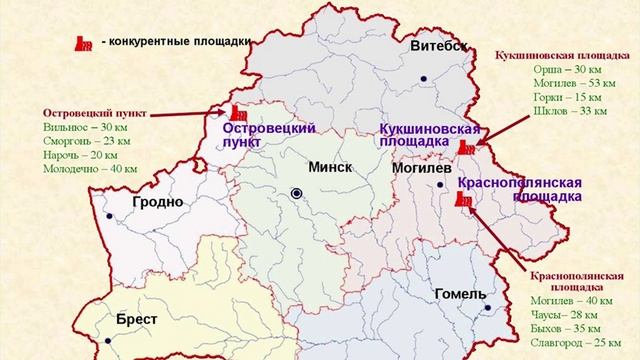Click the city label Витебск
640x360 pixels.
(x=440, y=47)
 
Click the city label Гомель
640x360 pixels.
(x=460, y=295)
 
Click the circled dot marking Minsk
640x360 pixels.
(x=296, y=193)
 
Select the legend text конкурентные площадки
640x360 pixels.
(x=181, y=41)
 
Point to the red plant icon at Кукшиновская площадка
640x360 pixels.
(x=466, y=147)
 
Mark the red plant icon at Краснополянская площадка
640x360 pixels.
(x=461, y=198)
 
